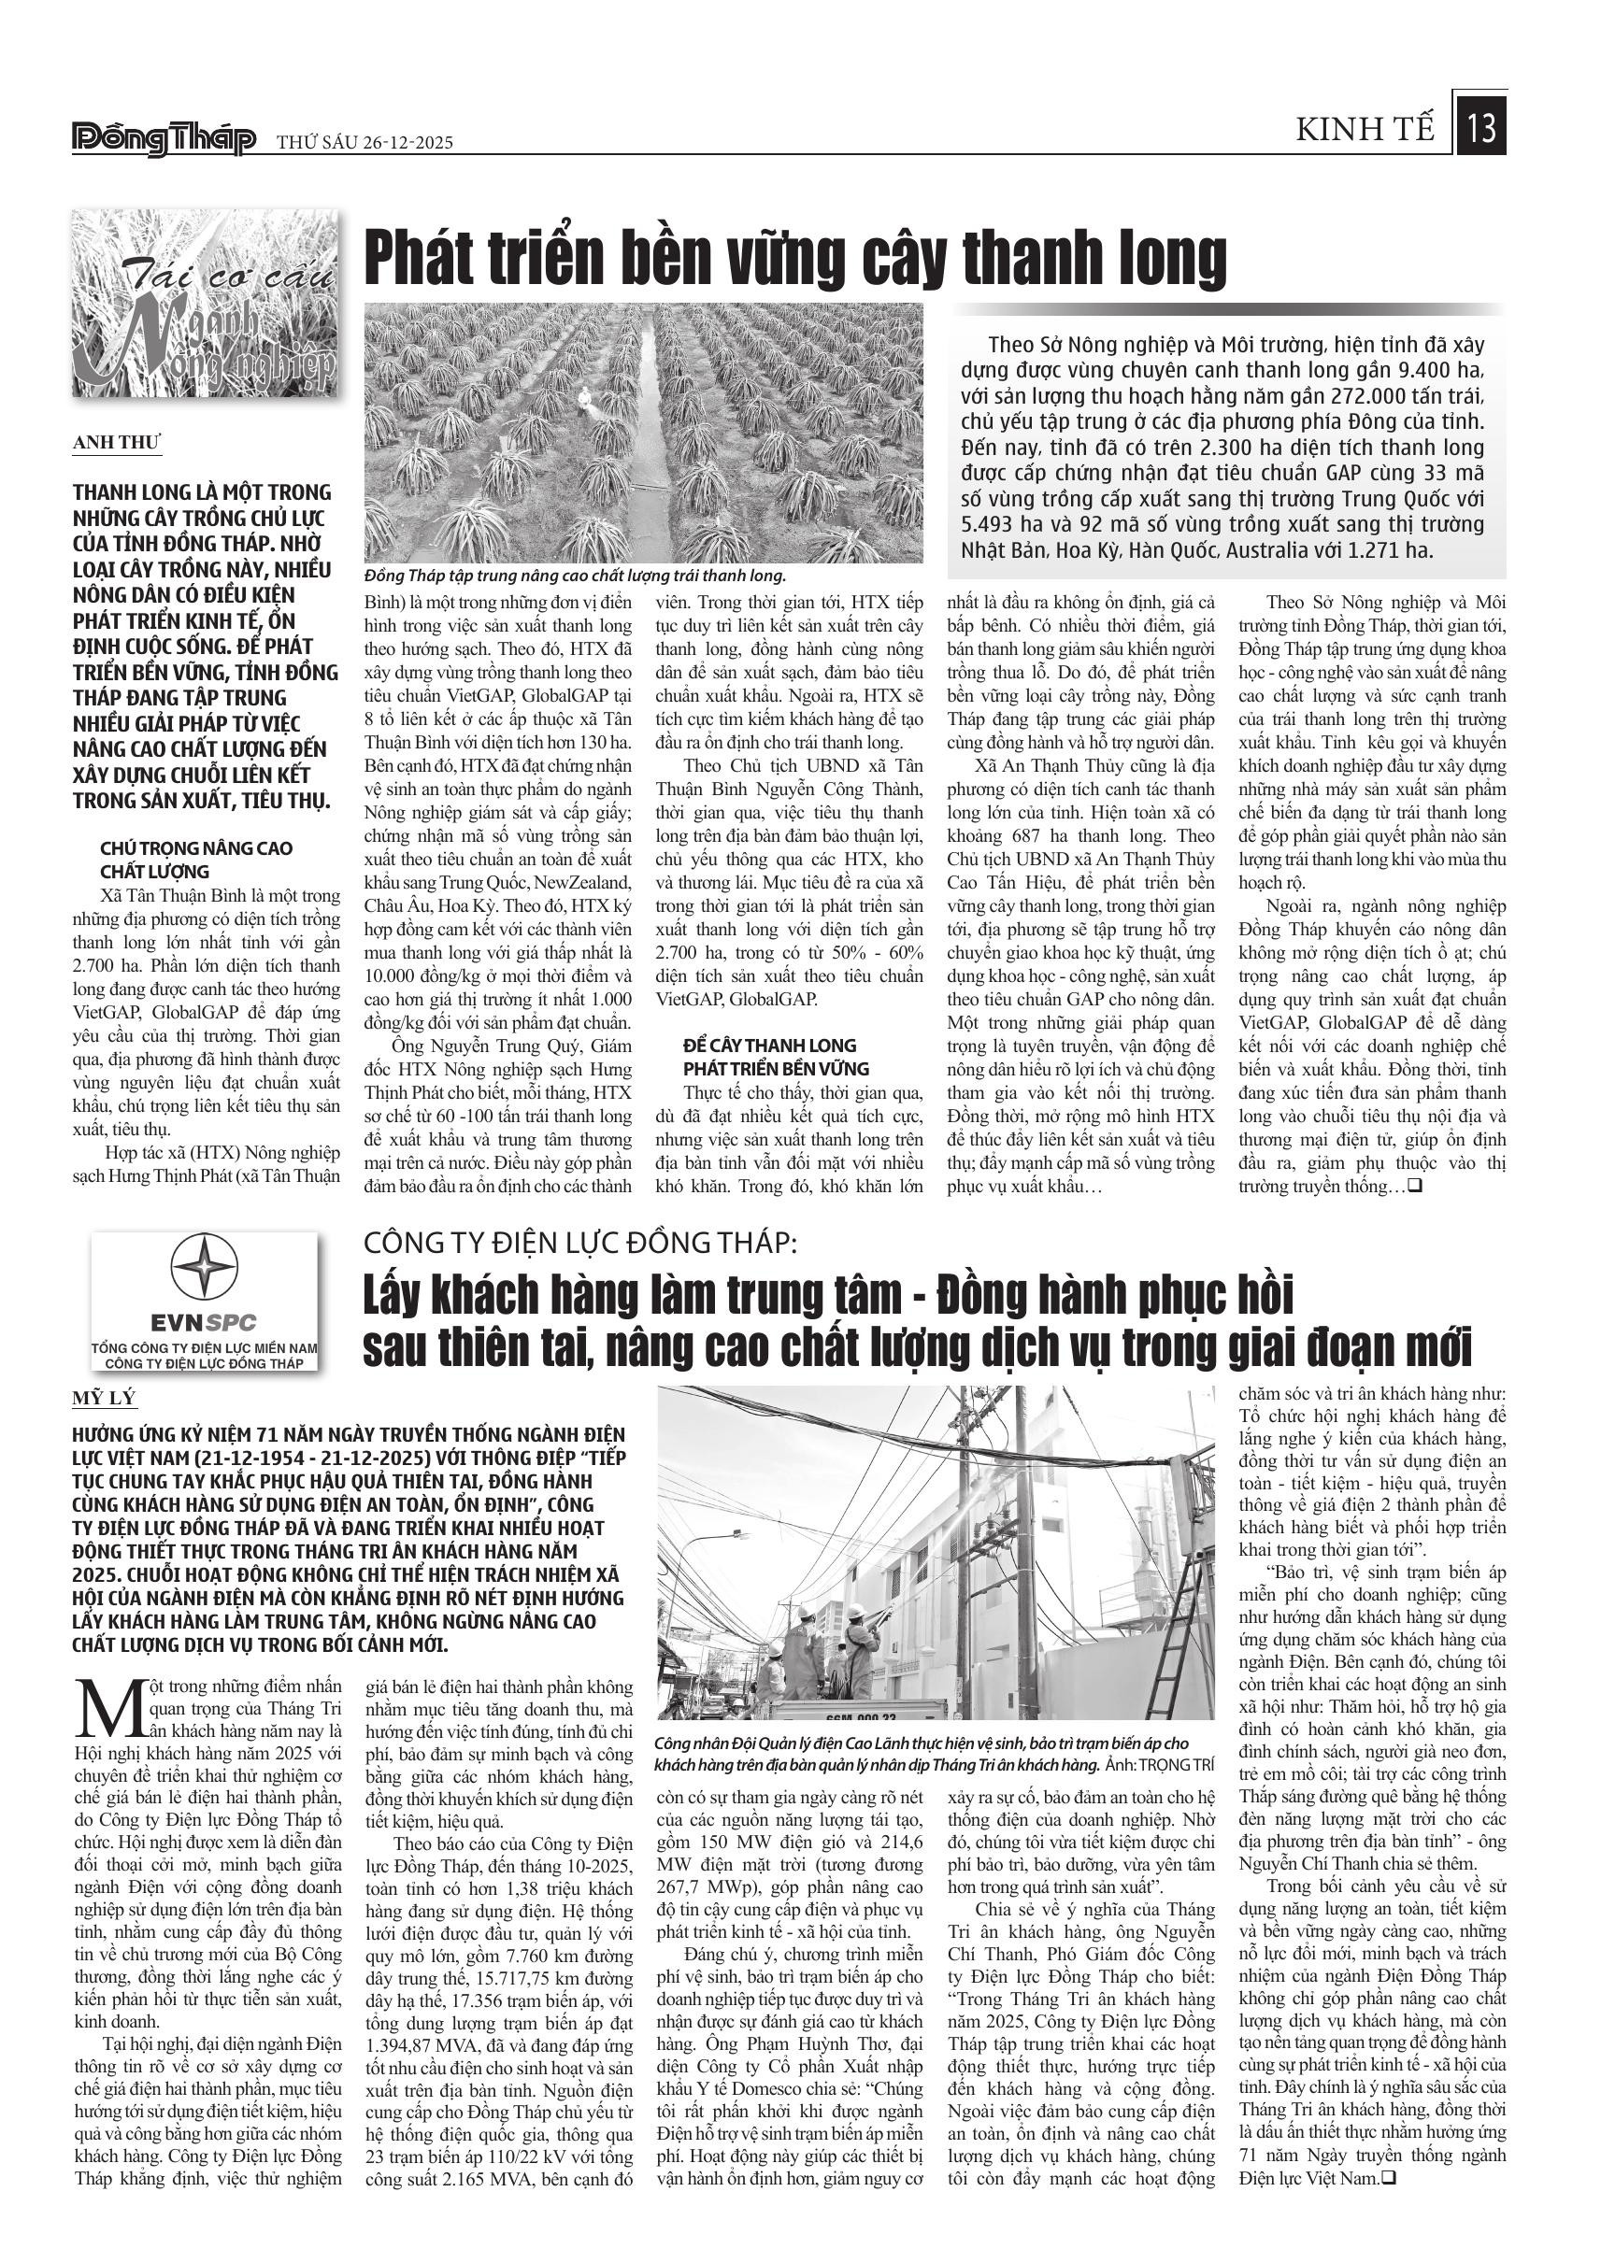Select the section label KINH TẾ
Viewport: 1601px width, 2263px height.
pyautogui.click(x=1365, y=130)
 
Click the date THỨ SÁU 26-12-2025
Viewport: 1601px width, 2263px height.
pyautogui.click(x=365, y=142)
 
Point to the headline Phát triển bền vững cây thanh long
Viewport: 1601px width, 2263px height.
pyautogui.click(x=795, y=258)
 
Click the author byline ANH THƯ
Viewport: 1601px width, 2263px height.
pyautogui.click(x=116, y=443)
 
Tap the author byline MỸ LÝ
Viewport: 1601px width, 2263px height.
pyautogui.click(x=104, y=1399)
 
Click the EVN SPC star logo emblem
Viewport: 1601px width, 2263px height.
pyautogui.click(x=204, y=1270)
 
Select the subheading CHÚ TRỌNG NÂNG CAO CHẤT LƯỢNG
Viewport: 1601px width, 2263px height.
pyautogui.click(x=196, y=860)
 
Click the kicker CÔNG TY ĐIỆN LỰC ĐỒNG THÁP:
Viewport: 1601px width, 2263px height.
pyautogui.click(x=579, y=1244)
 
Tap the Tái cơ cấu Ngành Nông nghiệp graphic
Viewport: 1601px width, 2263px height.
pyautogui.click(x=204, y=304)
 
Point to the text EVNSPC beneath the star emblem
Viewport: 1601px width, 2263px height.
pyautogui.click(x=204, y=1322)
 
